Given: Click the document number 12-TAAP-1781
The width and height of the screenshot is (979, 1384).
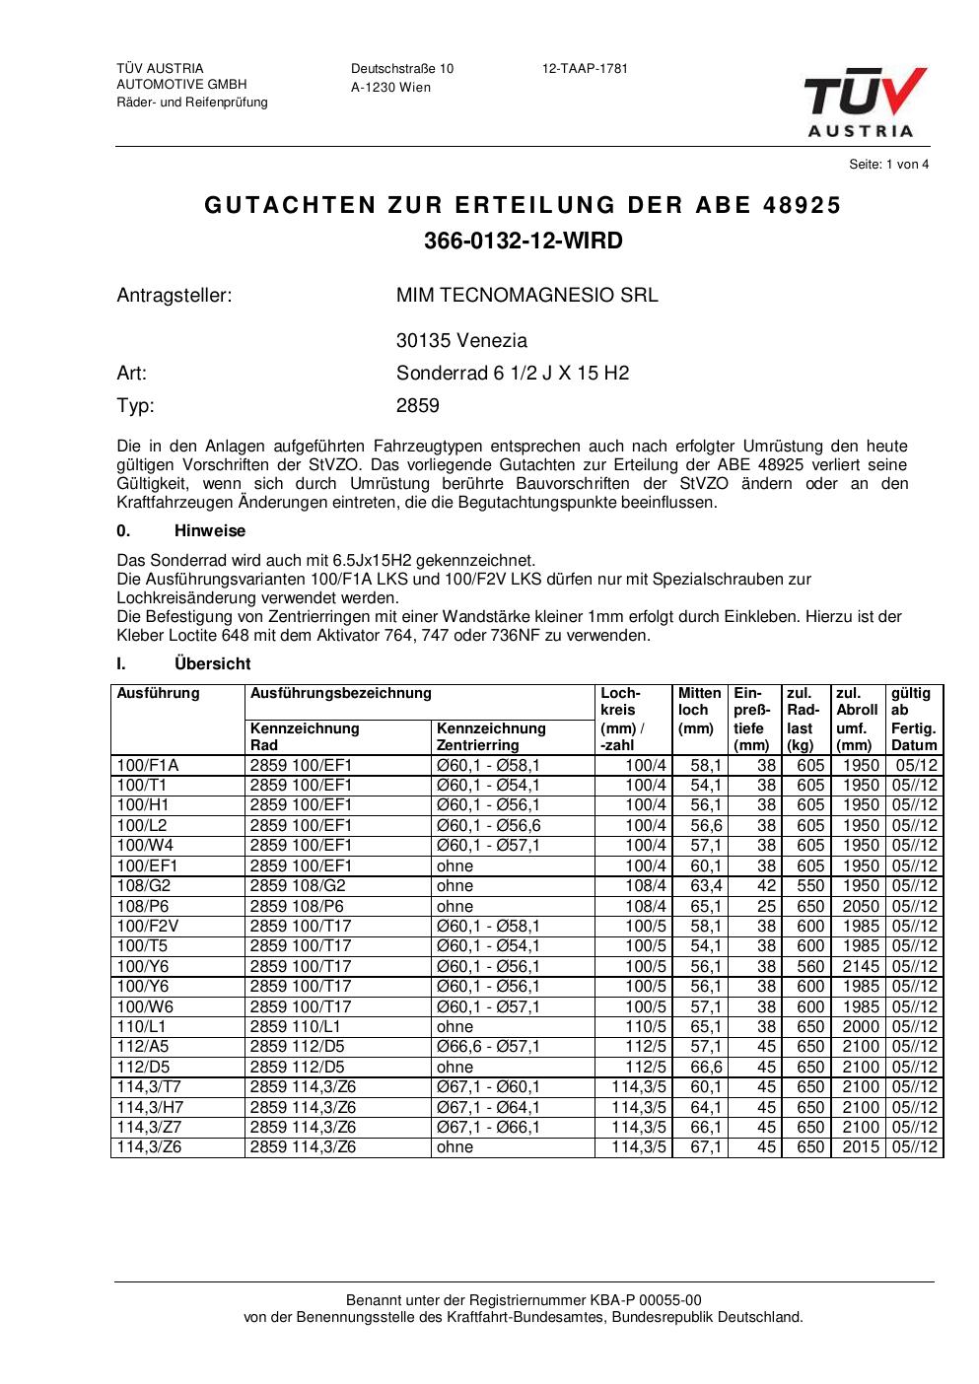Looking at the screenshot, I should (x=585, y=69).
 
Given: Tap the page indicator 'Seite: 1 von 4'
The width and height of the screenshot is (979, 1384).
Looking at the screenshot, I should (x=888, y=165).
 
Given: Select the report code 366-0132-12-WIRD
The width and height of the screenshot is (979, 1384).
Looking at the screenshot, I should (x=524, y=241).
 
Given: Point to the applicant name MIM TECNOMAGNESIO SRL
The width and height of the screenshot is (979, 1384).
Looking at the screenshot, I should (x=526, y=295).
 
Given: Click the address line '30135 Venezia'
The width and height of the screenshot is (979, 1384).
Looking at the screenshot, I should (x=461, y=341).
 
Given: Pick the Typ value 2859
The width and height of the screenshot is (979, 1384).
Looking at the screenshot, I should (x=418, y=406).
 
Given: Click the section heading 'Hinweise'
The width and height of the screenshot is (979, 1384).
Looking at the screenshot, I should (x=210, y=531).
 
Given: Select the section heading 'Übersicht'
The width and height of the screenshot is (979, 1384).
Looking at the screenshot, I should (x=212, y=664).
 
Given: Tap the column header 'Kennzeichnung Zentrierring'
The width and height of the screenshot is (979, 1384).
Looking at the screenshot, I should (x=491, y=736).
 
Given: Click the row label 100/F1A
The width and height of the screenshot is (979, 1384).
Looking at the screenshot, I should (x=148, y=766).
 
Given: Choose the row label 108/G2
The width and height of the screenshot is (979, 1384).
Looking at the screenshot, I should (x=144, y=886).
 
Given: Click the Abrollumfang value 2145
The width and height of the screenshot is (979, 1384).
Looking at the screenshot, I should (x=861, y=967).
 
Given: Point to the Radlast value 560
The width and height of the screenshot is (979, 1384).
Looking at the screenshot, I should (x=810, y=967).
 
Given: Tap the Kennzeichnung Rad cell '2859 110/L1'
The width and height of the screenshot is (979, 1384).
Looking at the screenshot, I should (x=296, y=1027).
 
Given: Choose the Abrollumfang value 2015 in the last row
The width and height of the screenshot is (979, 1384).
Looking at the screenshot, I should (x=861, y=1147).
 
